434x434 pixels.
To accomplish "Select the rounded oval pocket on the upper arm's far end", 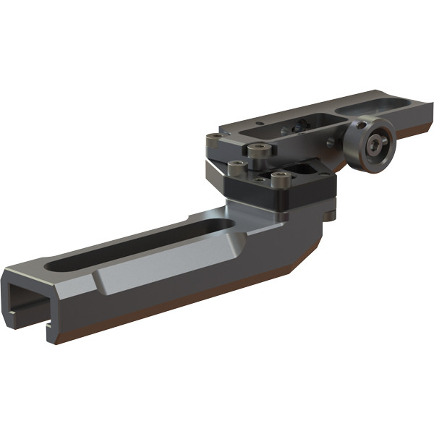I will pyautogui.click(x=376, y=107).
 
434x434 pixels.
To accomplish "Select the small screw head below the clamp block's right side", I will pyautogui.click(x=330, y=215).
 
